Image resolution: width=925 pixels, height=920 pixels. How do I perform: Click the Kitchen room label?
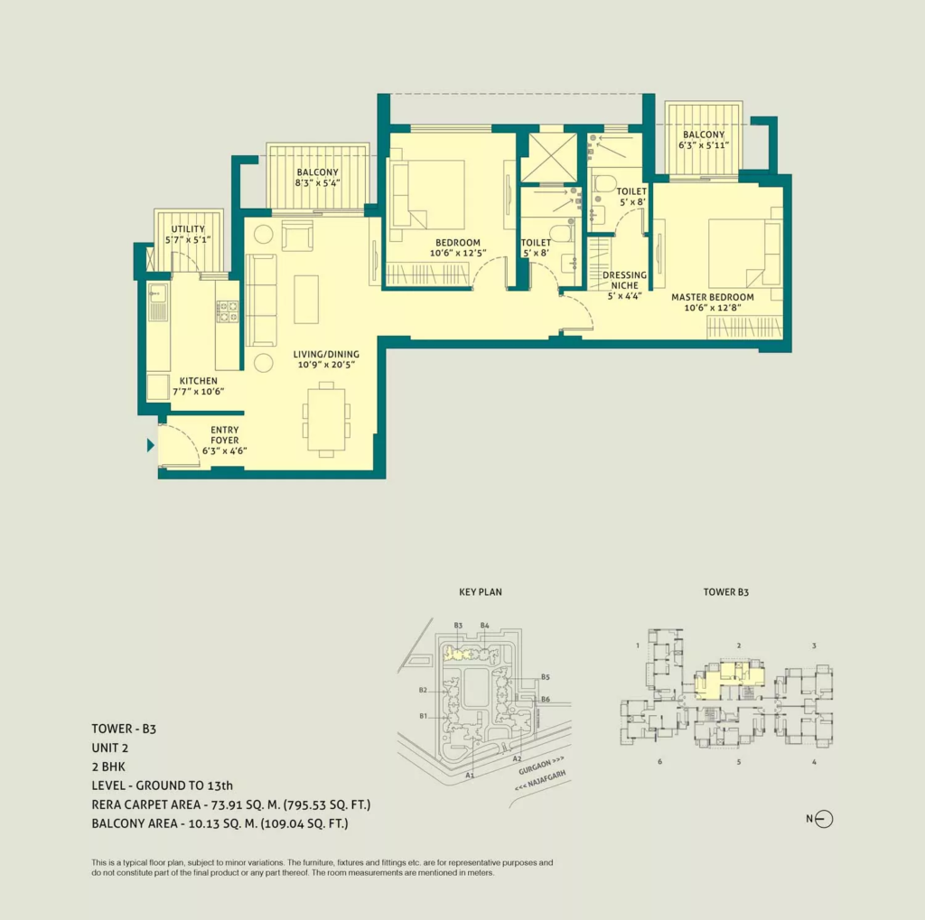pos(198,381)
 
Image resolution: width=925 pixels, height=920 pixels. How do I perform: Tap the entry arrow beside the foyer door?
pos(151,445)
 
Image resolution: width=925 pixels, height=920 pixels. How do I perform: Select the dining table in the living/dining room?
pos(326,419)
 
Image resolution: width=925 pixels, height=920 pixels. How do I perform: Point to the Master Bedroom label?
pos(713,297)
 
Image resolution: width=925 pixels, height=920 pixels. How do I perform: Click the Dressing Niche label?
pos(625,280)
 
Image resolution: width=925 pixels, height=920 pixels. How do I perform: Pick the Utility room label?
pos(188,229)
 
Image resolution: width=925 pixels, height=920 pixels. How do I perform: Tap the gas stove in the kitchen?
pos(227,311)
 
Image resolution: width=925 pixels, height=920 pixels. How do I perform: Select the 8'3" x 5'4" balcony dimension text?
pos(317,182)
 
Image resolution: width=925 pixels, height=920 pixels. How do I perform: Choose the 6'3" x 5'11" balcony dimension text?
pos(704,145)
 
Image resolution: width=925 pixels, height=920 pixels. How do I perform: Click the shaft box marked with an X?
pos(548,157)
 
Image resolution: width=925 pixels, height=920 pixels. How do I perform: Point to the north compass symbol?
pos(824,819)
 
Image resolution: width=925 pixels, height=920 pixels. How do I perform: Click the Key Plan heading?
pos(481,592)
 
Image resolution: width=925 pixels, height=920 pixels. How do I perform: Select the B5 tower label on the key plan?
pos(545,677)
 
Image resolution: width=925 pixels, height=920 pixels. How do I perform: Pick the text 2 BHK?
pos(108,767)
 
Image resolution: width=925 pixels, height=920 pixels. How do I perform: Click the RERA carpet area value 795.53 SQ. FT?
pos(327,804)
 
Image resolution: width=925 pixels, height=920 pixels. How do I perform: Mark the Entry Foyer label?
pos(225,435)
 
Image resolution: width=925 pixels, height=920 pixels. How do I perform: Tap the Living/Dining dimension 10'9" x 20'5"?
pos(326,365)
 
